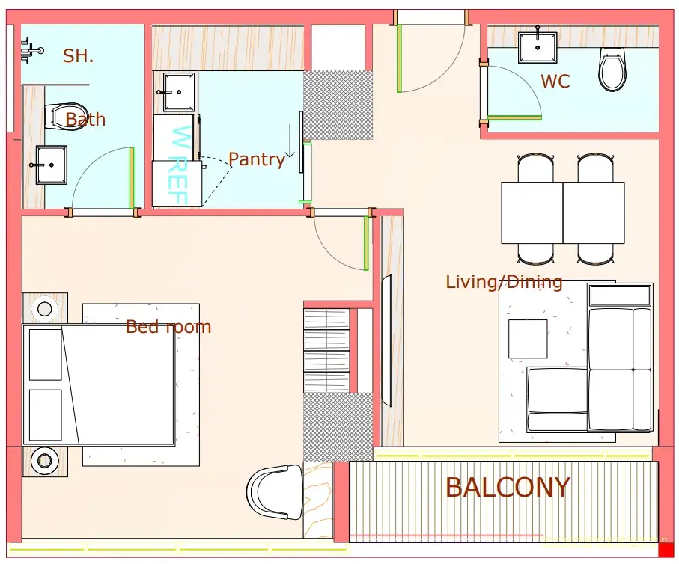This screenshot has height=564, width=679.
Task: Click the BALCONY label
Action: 508,488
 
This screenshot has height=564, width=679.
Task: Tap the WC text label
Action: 555,82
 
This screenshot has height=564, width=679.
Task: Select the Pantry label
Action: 256,160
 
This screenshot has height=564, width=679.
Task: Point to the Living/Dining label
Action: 504,282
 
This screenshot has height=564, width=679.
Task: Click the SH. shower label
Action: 78,56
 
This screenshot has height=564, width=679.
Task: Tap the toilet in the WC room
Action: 612,70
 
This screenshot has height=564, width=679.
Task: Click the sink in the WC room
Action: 538,46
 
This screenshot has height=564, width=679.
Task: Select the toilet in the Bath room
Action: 67,116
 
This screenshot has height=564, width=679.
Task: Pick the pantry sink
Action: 179,92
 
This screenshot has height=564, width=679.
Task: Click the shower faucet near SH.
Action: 31,51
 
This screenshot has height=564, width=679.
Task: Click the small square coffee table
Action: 528,339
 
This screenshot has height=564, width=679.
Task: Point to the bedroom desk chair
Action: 275,492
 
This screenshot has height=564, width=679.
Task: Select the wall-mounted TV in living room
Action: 387,340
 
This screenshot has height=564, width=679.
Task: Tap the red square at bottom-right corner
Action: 666,549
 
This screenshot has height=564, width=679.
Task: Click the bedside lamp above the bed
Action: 45,309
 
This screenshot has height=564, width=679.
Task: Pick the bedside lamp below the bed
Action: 45,461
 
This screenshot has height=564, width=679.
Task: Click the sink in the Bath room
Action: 51,165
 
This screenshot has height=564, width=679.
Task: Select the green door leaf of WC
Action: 514,117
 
